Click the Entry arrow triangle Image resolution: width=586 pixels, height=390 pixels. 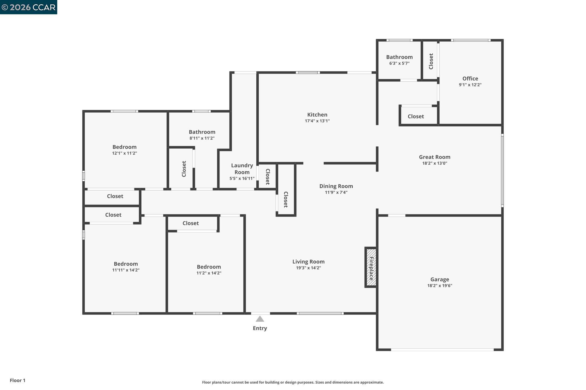(260, 319)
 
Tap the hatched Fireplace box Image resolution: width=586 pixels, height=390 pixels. (371, 267)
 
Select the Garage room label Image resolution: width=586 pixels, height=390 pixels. (439, 279)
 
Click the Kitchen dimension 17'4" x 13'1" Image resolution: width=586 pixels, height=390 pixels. (317, 121)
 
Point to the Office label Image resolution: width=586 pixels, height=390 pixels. (470, 79)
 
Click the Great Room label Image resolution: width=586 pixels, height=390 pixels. (434, 157)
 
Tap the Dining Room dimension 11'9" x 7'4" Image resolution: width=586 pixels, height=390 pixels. (336, 192)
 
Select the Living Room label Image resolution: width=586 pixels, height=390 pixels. (308, 261)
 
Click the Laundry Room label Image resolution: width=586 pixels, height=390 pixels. (242, 169)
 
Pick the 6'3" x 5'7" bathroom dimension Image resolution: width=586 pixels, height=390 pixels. (399, 63)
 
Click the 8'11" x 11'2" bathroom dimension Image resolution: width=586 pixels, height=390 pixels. (202, 138)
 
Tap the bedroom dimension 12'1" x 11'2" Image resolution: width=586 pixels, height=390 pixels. (124, 153)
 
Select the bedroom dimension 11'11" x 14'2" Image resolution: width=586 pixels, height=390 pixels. (126, 270)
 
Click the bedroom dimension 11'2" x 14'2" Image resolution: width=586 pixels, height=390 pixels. (209, 273)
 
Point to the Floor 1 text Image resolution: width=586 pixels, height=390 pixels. (17, 380)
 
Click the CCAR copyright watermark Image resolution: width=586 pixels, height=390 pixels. (28, 7)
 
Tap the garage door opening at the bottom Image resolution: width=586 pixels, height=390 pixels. (442, 349)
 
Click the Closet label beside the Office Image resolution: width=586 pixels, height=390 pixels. (431, 61)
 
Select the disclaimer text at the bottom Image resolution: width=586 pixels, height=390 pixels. (293, 382)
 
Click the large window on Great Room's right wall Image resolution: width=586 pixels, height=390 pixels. (502, 171)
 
